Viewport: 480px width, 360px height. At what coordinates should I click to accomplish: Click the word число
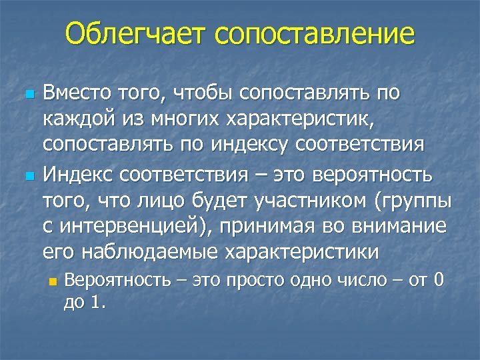tap(360, 281)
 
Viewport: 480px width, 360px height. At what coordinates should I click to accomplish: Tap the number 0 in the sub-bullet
tap(438, 281)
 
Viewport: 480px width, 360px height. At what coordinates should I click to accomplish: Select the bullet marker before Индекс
tap(28, 177)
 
